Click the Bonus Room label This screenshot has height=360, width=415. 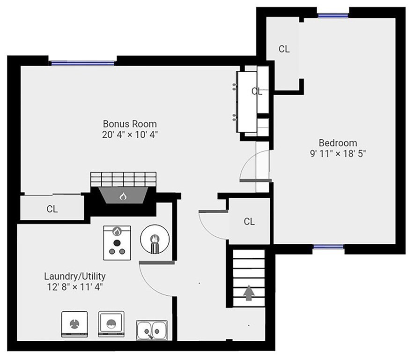point(130,124)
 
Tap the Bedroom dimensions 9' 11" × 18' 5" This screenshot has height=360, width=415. point(338,154)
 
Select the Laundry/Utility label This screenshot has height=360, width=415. point(74,276)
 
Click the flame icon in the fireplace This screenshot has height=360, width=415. point(123,196)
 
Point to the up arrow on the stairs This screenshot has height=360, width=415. point(249,293)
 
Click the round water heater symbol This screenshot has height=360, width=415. point(155,240)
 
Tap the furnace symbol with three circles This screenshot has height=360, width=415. point(117,243)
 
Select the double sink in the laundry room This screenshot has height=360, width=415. point(152,330)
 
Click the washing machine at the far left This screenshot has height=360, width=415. point(74,324)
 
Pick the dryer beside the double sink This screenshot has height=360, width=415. point(111,324)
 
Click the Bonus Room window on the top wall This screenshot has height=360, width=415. point(83,63)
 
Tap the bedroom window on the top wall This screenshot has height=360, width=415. point(333,15)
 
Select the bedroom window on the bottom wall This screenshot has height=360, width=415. point(328,247)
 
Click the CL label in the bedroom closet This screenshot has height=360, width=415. point(284,49)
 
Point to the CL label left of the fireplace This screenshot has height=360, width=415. point(52,209)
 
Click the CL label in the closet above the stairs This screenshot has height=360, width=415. point(249,221)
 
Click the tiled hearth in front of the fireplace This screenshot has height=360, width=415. point(123,180)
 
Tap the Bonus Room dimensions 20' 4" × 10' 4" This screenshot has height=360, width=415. point(130,135)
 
